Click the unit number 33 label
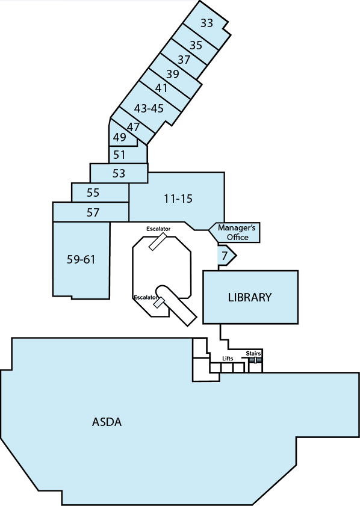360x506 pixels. (206, 23)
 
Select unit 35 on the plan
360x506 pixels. (196, 45)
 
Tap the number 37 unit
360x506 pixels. (184, 60)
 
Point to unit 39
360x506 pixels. (173, 74)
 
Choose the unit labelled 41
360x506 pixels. (161, 88)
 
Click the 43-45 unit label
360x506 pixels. (149, 108)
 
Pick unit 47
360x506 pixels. (133, 127)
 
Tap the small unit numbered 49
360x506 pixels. (119, 137)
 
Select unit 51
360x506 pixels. (119, 155)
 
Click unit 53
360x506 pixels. (119, 173)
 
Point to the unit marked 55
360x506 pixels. (93, 193)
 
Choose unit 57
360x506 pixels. (93, 212)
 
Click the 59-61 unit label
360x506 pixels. (81, 259)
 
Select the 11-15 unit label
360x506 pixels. (178, 199)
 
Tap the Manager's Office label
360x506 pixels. (237, 232)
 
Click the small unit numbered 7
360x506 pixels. (225, 256)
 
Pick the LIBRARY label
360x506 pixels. (250, 297)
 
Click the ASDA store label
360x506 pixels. (107, 422)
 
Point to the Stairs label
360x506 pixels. (253, 353)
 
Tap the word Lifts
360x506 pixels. (228, 359)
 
